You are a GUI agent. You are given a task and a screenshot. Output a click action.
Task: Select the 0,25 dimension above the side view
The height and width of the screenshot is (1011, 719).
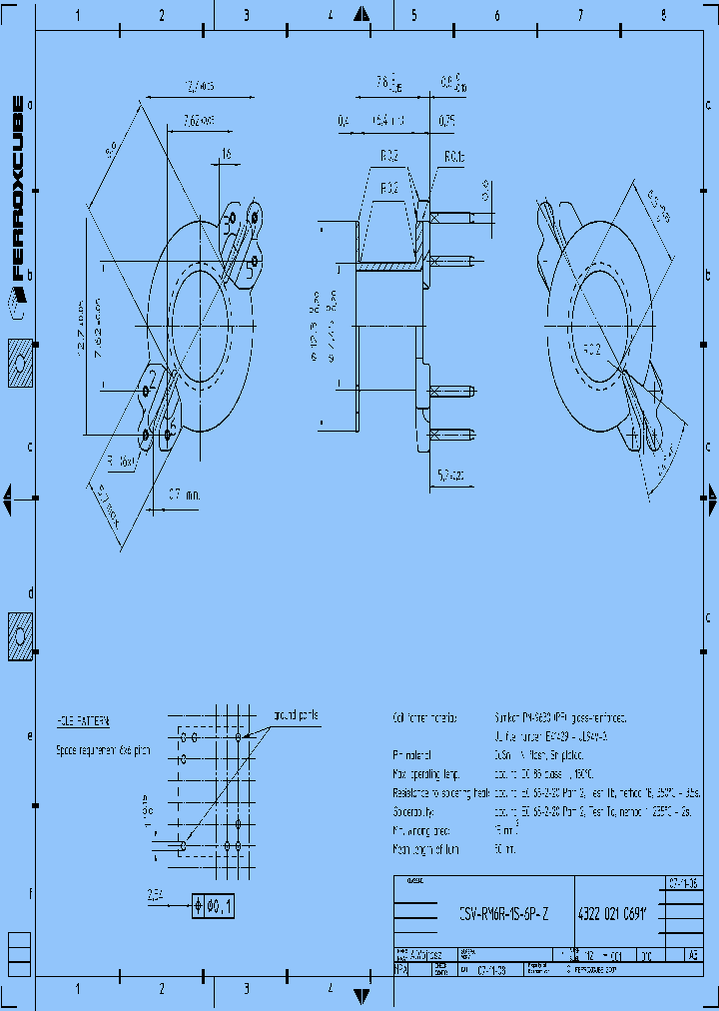coord(445,121)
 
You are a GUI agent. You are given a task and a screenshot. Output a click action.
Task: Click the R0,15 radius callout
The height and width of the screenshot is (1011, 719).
coord(454,157)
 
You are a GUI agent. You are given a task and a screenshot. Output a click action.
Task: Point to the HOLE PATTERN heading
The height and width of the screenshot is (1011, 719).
coord(83,719)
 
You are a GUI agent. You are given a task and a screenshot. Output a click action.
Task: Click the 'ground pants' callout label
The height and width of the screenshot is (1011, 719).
coord(296,715)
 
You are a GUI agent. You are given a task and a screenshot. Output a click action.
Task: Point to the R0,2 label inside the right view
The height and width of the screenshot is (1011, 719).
coord(592,349)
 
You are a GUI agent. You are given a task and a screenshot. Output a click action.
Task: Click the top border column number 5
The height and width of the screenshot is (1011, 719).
coord(412,16)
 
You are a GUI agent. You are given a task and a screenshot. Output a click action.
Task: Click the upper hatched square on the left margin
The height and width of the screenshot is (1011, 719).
coord(21,364)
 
